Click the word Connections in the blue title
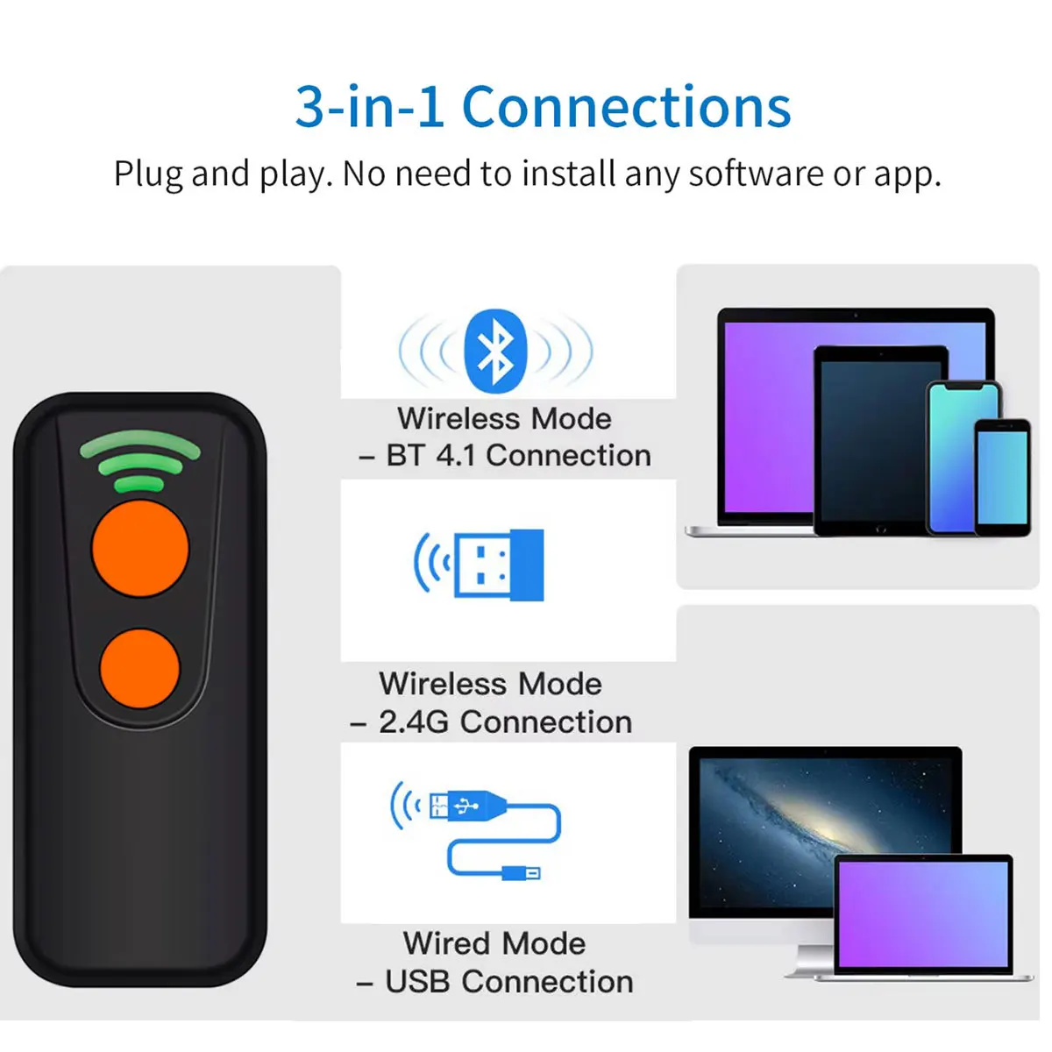click(626, 108)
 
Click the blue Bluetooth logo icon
click(495, 351)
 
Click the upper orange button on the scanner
click(140, 548)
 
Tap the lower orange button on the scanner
click(140, 668)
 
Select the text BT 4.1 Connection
click(518, 456)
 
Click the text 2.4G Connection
click(505, 722)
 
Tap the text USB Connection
click(508, 982)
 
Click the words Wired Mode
click(494, 943)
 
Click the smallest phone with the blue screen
click(1002, 478)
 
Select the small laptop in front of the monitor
click(922, 916)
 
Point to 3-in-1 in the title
click(369, 108)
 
